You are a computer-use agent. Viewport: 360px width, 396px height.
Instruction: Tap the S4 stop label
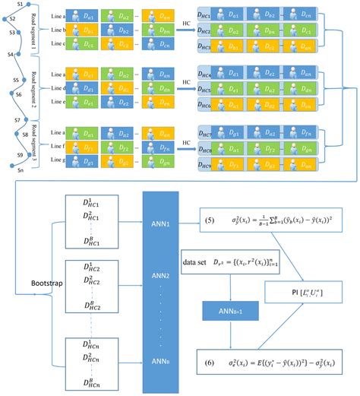[9, 55]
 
